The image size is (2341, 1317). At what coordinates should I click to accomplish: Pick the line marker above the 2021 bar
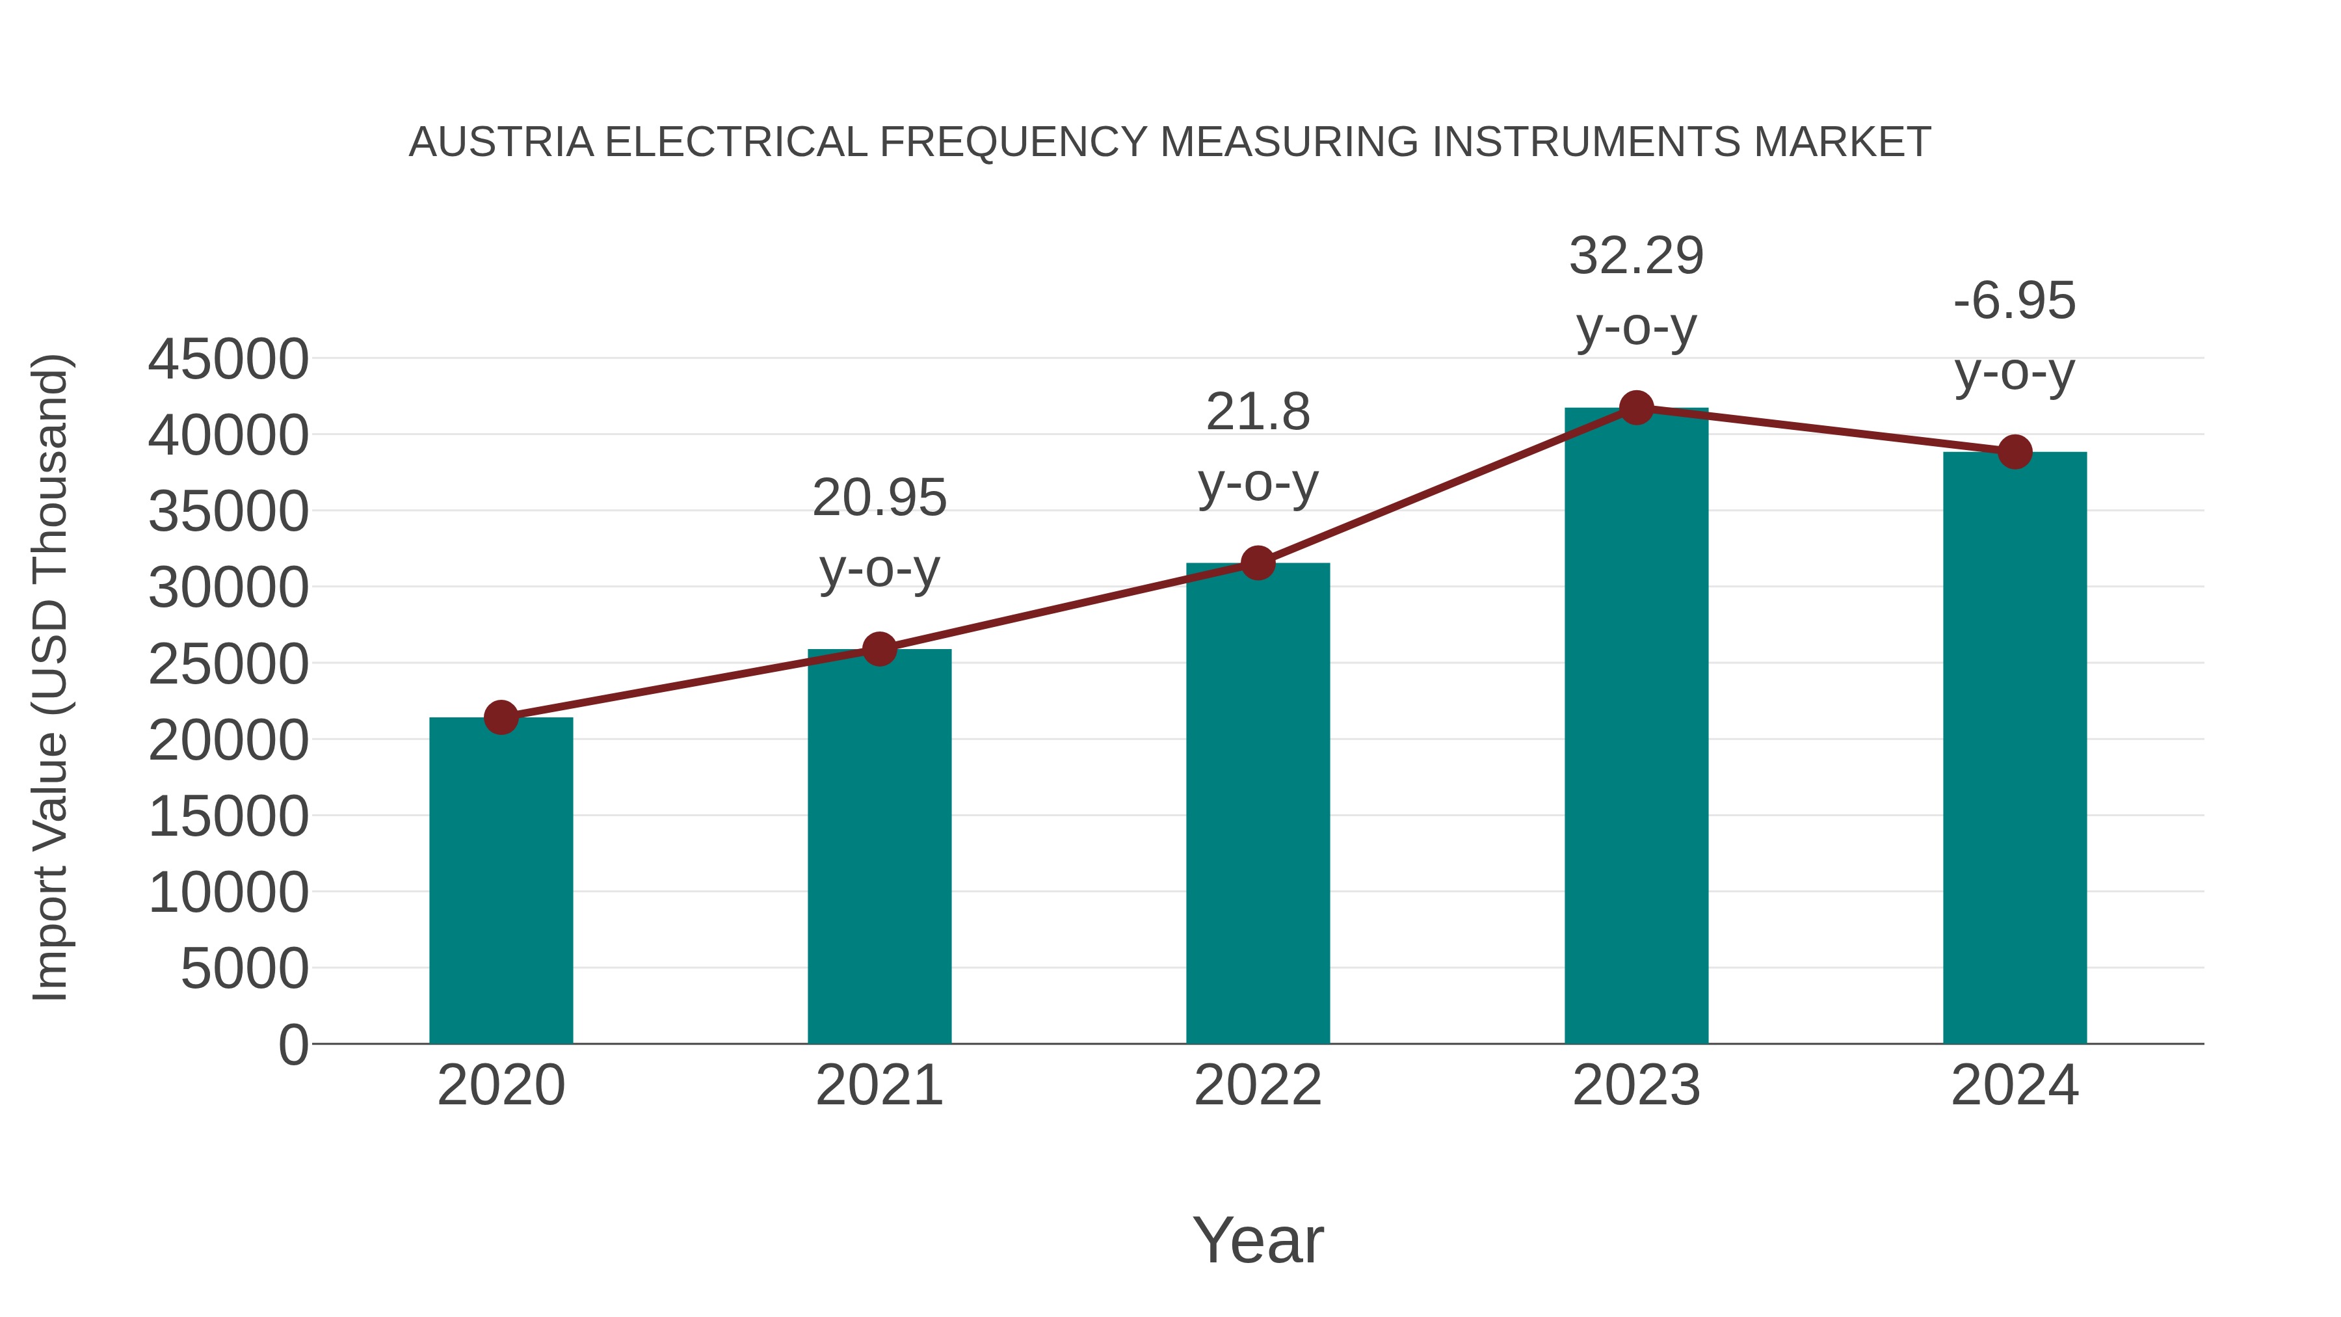click(x=879, y=649)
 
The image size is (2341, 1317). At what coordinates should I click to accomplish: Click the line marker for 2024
click(x=2015, y=452)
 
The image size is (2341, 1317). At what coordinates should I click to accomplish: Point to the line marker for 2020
click(x=501, y=717)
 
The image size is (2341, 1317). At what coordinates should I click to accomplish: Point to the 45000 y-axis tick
click(x=228, y=359)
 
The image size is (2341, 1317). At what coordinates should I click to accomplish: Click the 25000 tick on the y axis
click(x=228, y=665)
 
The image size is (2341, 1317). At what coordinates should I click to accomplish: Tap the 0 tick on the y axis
click(x=293, y=1045)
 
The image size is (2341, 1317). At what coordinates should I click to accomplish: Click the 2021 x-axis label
click(x=879, y=1085)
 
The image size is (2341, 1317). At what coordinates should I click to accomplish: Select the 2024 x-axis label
click(x=2015, y=1085)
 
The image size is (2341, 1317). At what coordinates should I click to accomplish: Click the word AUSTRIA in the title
click(x=501, y=142)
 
